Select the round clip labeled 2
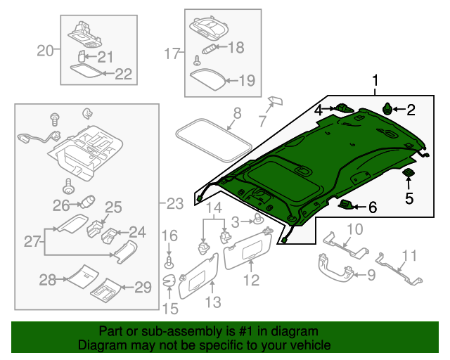(387, 108)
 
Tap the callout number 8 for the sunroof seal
(237, 112)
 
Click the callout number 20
(45, 50)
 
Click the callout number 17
(172, 53)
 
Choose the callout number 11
(409, 255)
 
